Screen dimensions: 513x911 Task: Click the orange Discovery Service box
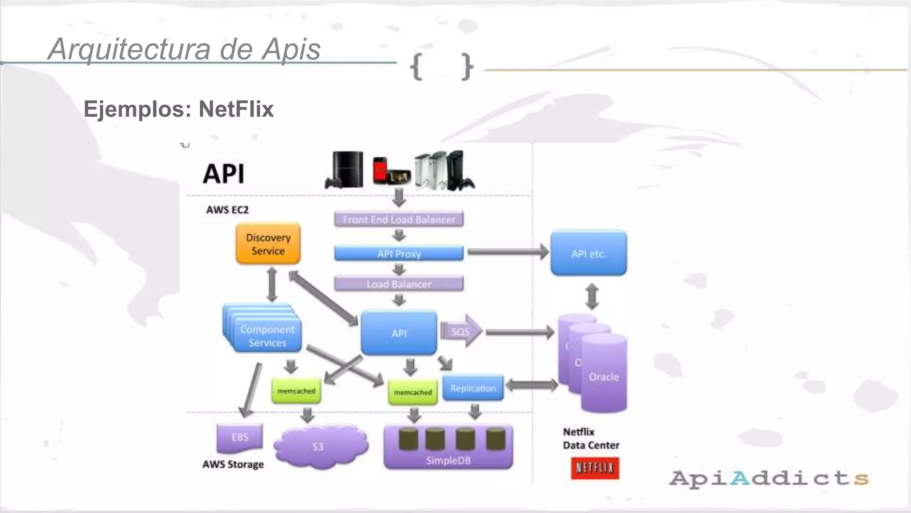click(x=268, y=244)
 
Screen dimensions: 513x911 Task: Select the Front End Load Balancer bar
click(x=399, y=219)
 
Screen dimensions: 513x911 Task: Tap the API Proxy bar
click(x=399, y=253)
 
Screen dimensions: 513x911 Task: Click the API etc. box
click(x=588, y=253)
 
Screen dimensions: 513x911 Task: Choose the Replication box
click(x=473, y=388)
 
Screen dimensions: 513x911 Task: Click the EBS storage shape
click(x=240, y=437)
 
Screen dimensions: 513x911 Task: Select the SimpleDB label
click(x=448, y=460)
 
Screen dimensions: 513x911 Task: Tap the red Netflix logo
click(x=595, y=468)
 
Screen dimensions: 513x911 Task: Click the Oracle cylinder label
click(x=604, y=377)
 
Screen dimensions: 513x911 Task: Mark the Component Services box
click(x=267, y=336)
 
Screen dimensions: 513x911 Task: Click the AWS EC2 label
click(x=227, y=210)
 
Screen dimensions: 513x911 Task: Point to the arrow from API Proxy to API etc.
click(x=507, y=252)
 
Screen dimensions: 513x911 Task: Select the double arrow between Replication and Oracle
click(x=531, y=385)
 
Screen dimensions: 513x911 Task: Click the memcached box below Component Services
click(x=296, y=391)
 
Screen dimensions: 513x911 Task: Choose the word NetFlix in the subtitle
click(x=236, y=109)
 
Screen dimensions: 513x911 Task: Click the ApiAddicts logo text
click(x=769, y=478)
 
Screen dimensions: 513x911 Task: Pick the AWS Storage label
click(x=233, y=464)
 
